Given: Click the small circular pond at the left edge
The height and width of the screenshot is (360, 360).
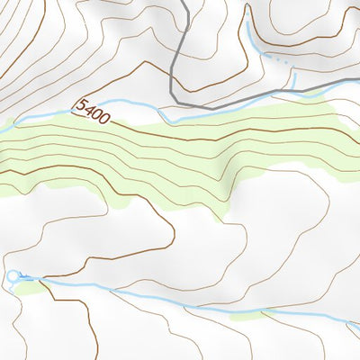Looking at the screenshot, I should click(13, 275).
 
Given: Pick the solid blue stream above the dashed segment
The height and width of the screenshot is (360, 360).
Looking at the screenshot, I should click(253, 36).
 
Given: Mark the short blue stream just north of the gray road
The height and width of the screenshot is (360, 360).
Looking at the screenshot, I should click(294, 82).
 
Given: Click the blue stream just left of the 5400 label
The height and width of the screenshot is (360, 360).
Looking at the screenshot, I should click(54, 115).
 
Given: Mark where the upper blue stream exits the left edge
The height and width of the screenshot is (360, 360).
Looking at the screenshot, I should click(2, 130).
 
